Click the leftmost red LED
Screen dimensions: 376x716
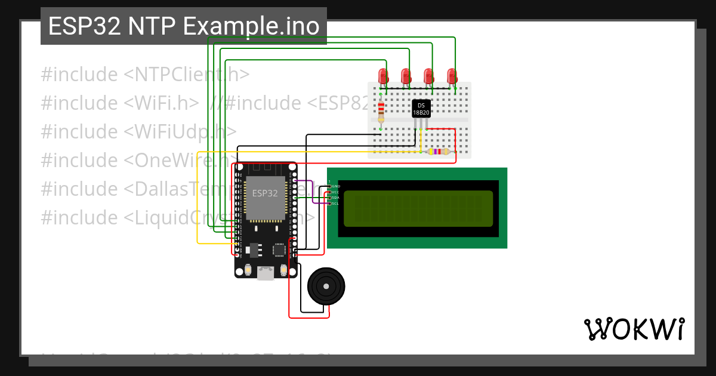coord(384,75)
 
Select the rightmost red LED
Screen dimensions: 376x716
coord(452,75)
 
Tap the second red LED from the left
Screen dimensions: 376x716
coord(406,75)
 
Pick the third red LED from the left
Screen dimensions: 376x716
coord(428,75)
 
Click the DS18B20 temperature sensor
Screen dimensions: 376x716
coord(421,109)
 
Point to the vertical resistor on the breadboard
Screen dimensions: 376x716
coord(381,111)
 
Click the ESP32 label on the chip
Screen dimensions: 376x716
coord(264,193)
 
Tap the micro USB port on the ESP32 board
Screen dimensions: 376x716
coord(266,273)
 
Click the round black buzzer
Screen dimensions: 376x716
coord(326,286)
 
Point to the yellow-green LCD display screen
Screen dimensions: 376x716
coord(418,209)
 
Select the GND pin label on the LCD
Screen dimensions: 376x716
coord(335,186)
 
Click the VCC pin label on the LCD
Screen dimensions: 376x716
coord(335,192)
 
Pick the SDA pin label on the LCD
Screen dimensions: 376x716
coord(335,198)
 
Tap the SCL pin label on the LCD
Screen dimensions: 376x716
coord(335,204)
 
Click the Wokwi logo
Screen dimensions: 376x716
coord(634,329)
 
